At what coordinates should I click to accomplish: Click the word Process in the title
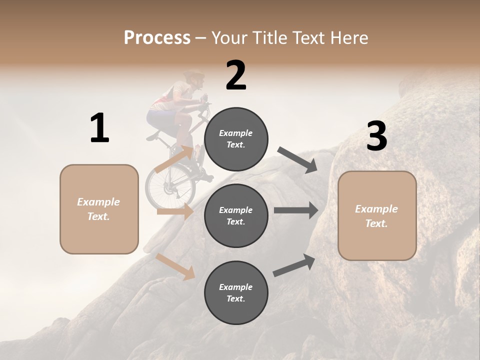[x=157, y=38]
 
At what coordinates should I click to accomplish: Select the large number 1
[x=99, y=128]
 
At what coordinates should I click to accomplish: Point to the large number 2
[x=236, y=75]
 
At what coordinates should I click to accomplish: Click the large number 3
[x=376, y=136]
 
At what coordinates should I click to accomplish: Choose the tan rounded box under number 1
[x=99, y=209]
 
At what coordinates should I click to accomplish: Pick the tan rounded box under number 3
[x=377, y=216]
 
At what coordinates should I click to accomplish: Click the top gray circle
[x=236, y=139]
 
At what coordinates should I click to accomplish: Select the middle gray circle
[x=236, y=215]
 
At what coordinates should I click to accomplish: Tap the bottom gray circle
[x=236, y=292]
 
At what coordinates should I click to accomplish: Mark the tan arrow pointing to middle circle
[x=175, y=212]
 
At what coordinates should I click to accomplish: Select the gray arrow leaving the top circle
[x=298, y=159]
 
